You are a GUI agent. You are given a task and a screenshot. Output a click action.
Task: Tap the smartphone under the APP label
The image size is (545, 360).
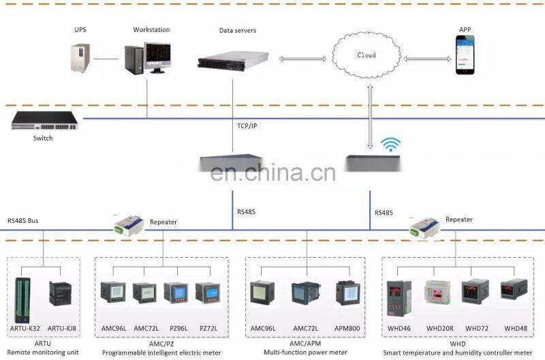point(465,55)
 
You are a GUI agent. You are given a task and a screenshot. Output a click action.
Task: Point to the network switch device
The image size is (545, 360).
point(44,121)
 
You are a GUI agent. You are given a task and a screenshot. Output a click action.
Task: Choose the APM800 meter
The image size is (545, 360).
point(347,292)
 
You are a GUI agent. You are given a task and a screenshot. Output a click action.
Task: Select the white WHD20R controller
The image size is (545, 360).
point(437,292)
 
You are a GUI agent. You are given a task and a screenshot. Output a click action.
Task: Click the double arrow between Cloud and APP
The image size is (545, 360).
point(427,59)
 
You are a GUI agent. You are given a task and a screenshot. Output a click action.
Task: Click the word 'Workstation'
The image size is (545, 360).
point(151,30)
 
